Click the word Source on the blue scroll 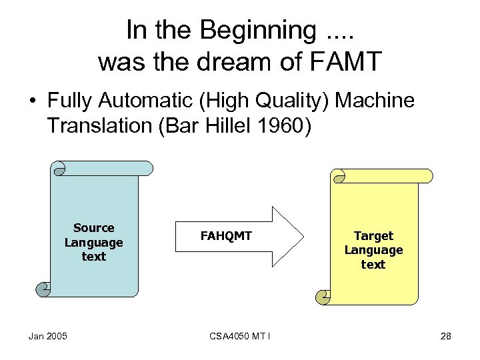(x=94, y=228)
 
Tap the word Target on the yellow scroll (x=373, y=235)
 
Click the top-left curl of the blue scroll (x=59, y=168)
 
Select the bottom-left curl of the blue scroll (x=43, y=289)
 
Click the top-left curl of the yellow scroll (x=339, y=175)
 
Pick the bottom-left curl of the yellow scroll (x=323, y=296)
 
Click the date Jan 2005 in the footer (x=47, y=335)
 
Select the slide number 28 (x=445, y=335)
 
